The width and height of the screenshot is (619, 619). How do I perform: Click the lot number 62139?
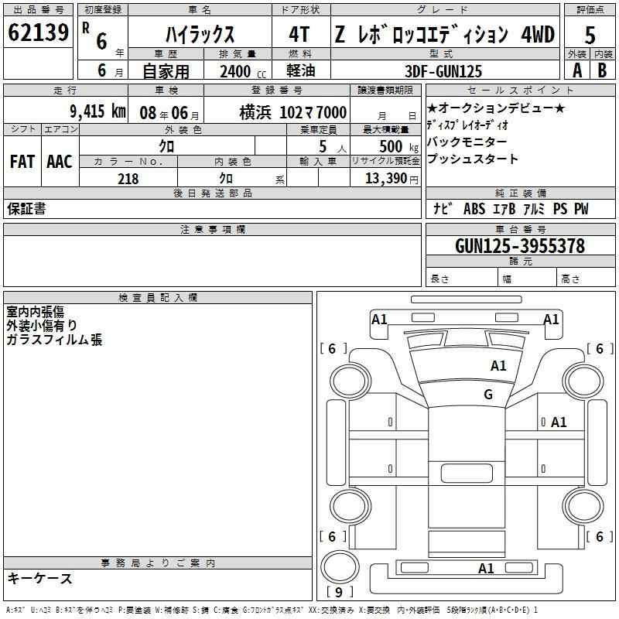[38, 32]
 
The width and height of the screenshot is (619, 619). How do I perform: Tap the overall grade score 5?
[590, 35]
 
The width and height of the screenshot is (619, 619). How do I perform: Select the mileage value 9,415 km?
[98, 111]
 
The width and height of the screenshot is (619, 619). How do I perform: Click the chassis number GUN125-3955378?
[520, 245]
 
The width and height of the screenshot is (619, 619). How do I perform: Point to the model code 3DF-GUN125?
[443, 71]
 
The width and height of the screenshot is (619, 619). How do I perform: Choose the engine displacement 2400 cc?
[243, 71]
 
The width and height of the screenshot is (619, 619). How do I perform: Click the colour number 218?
[128, 179]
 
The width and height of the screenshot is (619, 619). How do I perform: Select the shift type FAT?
[22, 162]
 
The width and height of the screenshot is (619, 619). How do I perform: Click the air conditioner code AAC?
[60, 162]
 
